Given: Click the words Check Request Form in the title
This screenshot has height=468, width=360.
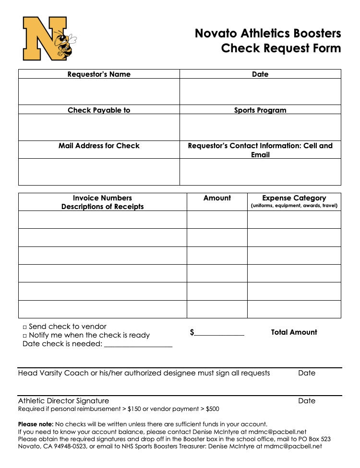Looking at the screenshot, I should (x=281, y=48).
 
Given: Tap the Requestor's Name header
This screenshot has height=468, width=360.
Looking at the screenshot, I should (x=99, y=74).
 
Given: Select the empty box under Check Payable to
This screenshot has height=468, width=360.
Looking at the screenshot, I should (x=99, y=128).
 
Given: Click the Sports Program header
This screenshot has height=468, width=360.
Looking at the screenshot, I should (x=260, y=110).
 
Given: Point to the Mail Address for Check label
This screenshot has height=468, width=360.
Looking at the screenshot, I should (x=99, y=146).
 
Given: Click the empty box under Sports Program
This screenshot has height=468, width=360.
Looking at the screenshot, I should (x=260, y=128).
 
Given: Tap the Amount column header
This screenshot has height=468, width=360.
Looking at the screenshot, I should (x=217, y=198).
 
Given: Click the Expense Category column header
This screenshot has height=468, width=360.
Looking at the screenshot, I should (x=294, y=198).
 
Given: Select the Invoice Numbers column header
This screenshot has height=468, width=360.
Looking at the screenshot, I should (x=102, y=198).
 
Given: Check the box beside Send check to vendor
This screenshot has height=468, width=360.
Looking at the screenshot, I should (x=24, y=327).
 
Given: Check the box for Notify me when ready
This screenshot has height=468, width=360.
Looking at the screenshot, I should (x=24, y=336).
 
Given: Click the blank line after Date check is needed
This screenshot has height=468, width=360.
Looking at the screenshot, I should (x=138, y=344).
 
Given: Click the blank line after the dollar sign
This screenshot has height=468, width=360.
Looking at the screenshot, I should (x=219, y=333).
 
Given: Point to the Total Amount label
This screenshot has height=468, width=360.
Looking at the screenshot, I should (x=294, y=332).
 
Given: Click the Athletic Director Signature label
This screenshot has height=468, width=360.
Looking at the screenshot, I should (x=63, y=401).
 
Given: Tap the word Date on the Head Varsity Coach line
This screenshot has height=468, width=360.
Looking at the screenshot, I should (x=307, y=373).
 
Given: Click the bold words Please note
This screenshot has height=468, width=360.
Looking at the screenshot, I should (x=36, y=424).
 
